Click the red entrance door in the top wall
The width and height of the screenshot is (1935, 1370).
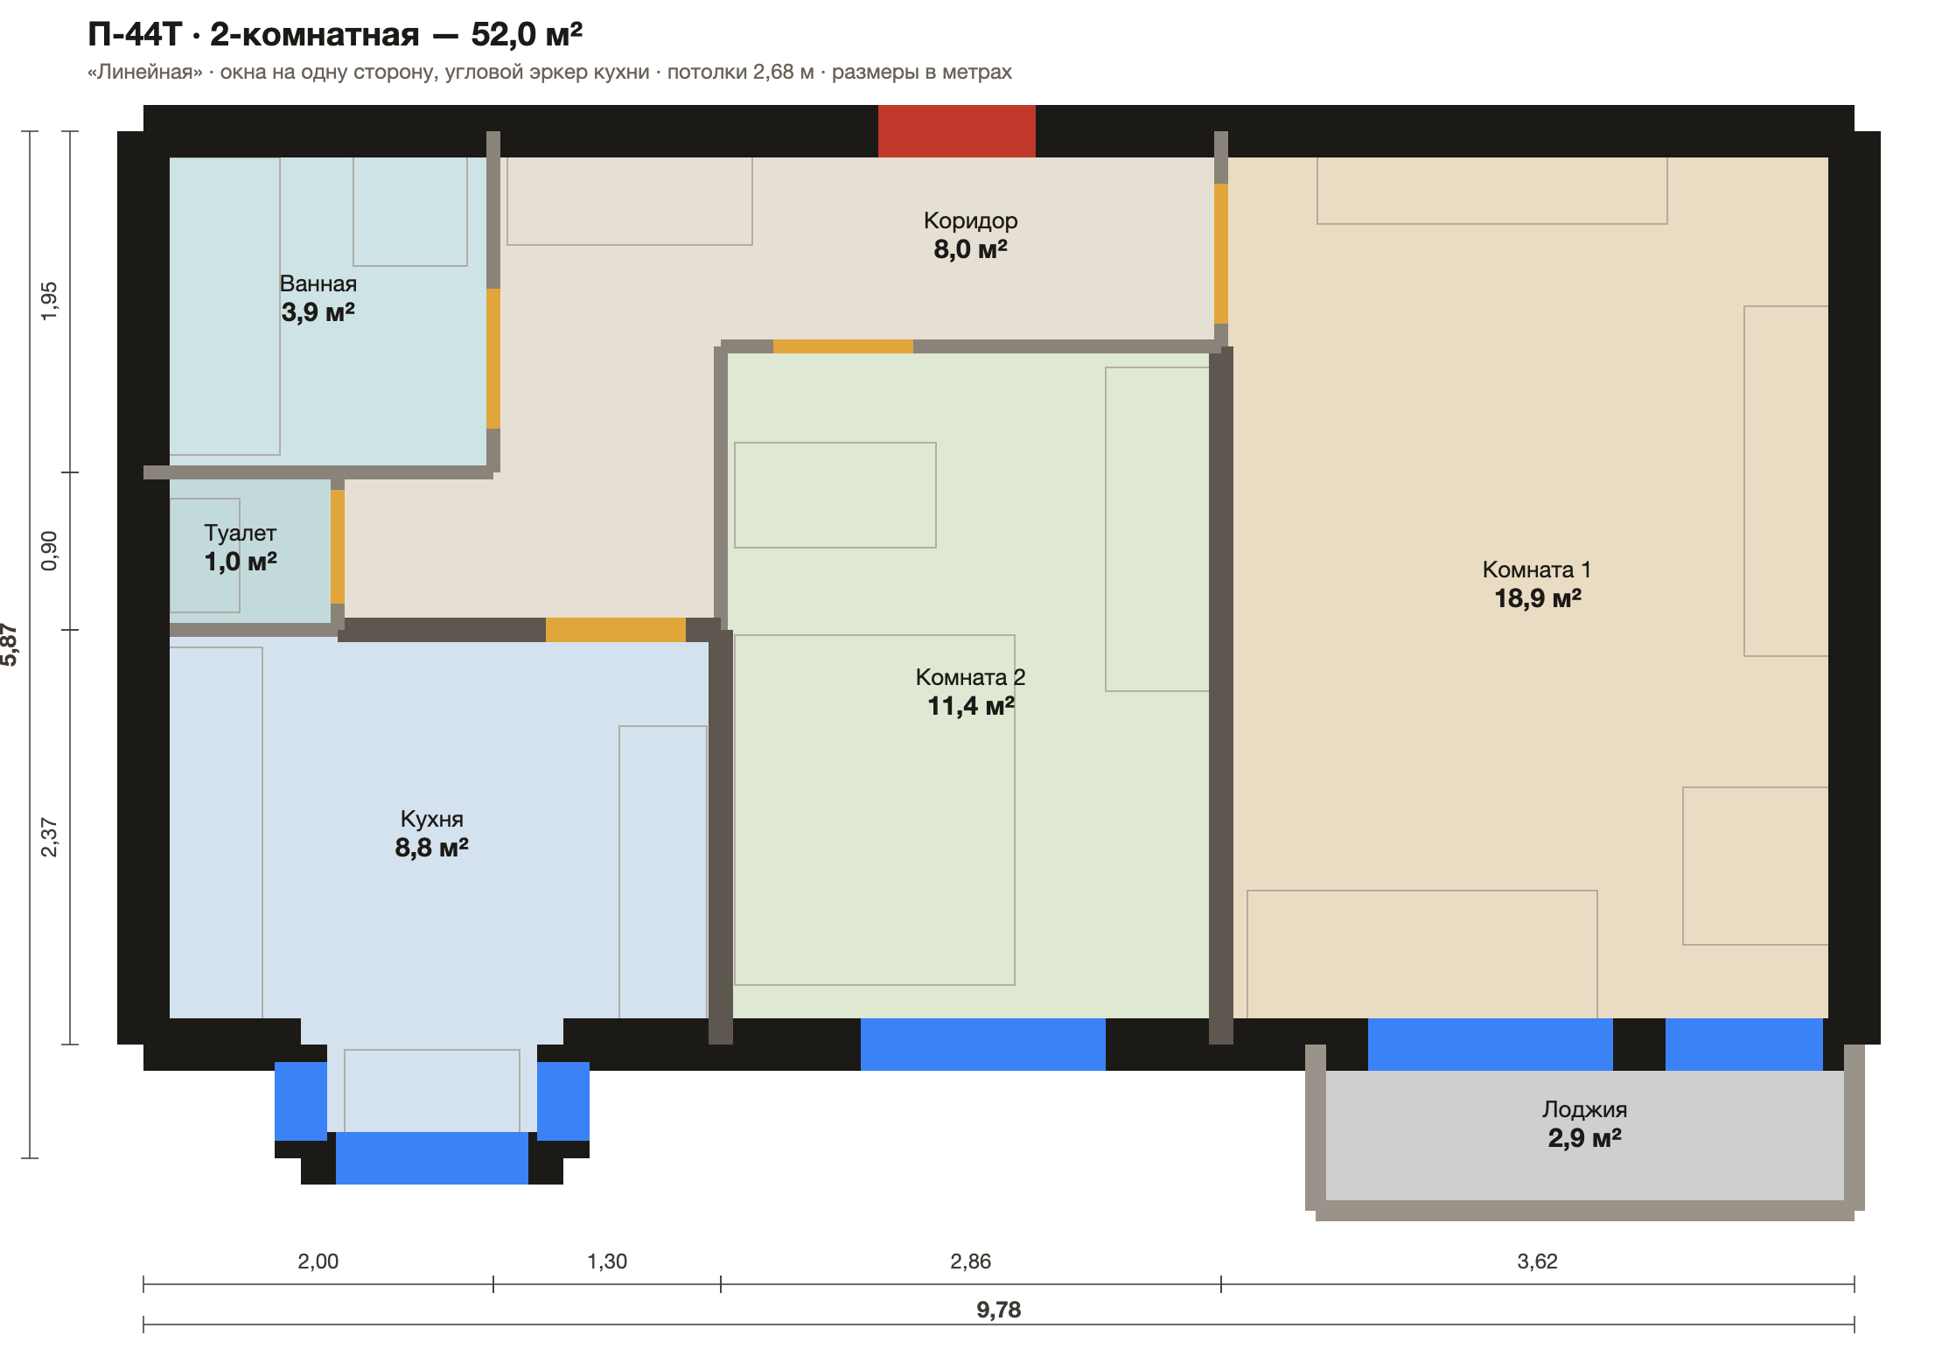pyautogui.click(x=957, y=131)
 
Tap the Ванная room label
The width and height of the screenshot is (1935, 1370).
pyautogui.click(x=318, y=283)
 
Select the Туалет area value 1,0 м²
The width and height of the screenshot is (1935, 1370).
pyautogui.click(x=241, y=561)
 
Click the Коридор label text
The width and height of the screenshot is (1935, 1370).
pyautogui.click(x=971, y=220)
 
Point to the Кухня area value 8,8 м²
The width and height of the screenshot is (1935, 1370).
pyautogui.click(x=432, y=847)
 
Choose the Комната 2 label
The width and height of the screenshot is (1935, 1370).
pyautogui.click(x=971, y=677)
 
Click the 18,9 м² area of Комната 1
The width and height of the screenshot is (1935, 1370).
pyautogui.click(x=1538, y=598)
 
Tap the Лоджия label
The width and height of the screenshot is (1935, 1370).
pyautogui.click(x=1585, y=1109)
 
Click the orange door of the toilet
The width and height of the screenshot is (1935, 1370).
pyautogui.click(x=338, y=547)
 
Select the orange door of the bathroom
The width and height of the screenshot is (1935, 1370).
pyautogui.click(x=493, y=359)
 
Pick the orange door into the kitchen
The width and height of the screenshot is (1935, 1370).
pyautogui.click(x=616, y=630)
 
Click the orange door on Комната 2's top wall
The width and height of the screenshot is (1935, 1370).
pyautogui.click(x=843, y=346)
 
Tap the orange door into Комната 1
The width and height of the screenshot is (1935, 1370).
pyautogui.click(x=1221, y=254)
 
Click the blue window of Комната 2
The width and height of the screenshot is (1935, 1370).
pyautogui.click(x=983, y=1045)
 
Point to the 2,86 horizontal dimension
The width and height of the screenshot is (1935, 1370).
pyautogui.click(x=971, y=1262)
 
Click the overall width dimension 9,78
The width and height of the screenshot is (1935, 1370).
pyautogui.click(x=999, y=1310)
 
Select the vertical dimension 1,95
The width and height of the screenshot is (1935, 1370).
pyautogui.click(x=49, y=301)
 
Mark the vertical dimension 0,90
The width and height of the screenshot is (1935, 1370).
pyautogui.click(x=49, y=551)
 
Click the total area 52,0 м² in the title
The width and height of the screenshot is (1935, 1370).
pyautogui.click(x=527, y=35)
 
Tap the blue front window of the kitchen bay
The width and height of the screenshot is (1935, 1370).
pyautogui.click(x=432, y=1158)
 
